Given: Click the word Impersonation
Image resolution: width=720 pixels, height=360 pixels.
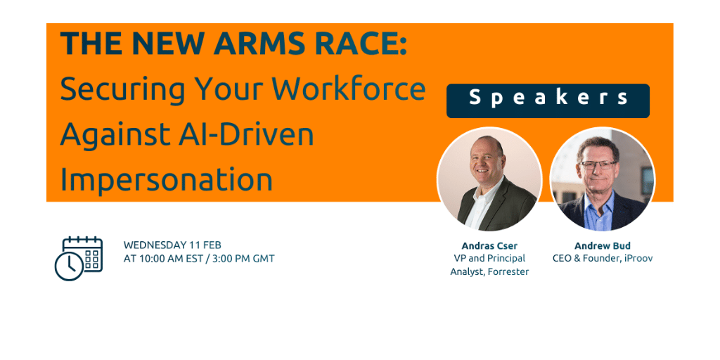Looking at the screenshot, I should (166, 179).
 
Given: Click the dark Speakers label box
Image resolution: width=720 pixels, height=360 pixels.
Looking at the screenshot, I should (548, 100).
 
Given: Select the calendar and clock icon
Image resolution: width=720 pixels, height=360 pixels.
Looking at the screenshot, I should (79, 258).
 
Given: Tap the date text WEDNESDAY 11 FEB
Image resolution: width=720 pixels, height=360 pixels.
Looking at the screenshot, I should (172, 245).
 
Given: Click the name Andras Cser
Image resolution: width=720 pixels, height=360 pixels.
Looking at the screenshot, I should (489, 246).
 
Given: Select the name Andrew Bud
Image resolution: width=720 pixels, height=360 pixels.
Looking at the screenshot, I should (602, 246).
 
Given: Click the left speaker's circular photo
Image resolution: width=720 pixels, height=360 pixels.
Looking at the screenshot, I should (489, 179).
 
